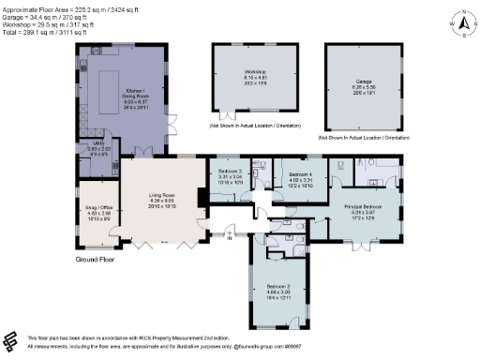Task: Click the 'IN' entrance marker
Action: click(x=228, y=238)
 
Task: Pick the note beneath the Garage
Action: click(x=365, y=137)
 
